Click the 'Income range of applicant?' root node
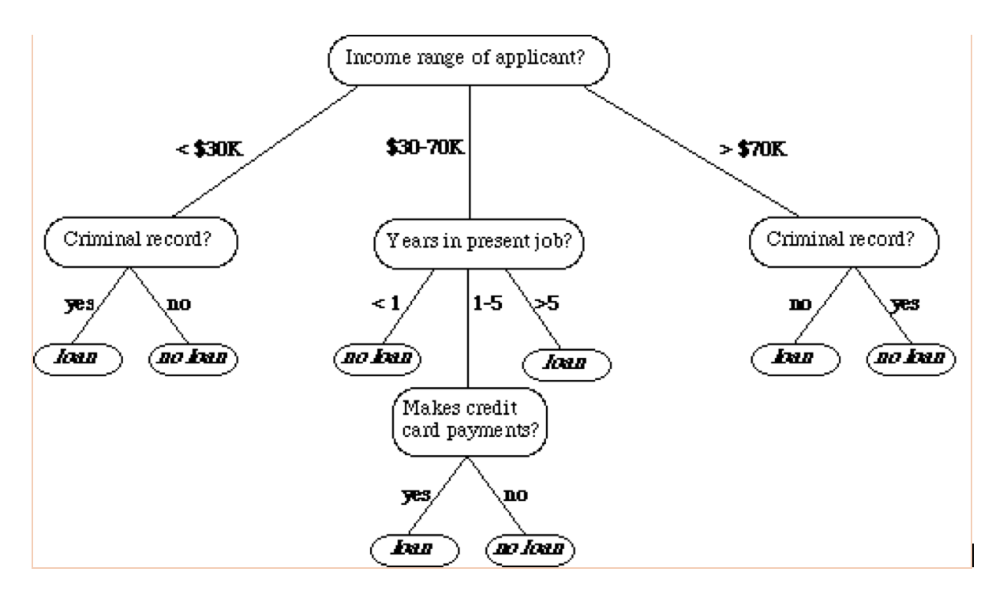(x=470, y=59)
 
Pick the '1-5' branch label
(x=487, y=302)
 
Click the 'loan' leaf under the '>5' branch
(x=567, y=364)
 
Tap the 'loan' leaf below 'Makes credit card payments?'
(x=414, y=548)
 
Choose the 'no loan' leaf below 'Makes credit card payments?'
(x=530, y=548)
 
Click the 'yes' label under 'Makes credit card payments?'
(x=417, y=495)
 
